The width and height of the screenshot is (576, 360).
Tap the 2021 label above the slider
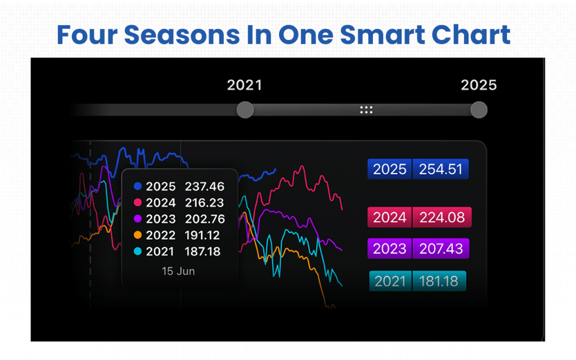pyautogui.click(x=244, y=85)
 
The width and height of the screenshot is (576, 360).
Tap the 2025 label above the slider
pyautogui.click(x=479, y=85)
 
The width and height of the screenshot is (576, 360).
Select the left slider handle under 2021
pyautogui.click(x=245, y=110)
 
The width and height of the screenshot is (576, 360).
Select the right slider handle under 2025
pyautogui.click(x=479, y=110)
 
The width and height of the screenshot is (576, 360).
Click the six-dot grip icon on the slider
pyautogui.click(x=366, y=110)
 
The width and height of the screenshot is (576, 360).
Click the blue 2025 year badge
pyautogui.click(x=390, y=169)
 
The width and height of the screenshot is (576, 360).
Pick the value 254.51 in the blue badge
pyautogui.click(x=440, y=169)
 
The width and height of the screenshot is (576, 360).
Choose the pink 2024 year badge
pyautogui.click(x=390, y=217)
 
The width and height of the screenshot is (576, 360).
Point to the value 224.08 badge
pyautogui.click(x=442, y=217)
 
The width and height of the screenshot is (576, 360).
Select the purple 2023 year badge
pyautogui.click(x=390, y=249)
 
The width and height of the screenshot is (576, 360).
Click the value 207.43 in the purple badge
pyautogui.click(x=440, y=249)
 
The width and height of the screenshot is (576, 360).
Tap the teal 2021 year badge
pyautogui.click(x=390, y=281)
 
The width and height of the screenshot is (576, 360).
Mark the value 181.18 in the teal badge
pyautogui.click(x=439, y=281)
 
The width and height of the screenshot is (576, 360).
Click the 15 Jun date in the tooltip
pyautogui.click(x=178, y=271)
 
